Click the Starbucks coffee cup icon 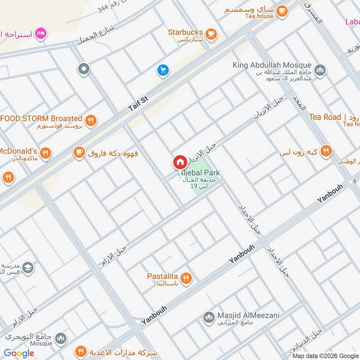[x=210, y=33]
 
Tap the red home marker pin [x=180, y=162]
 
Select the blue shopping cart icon [x=162, y=70]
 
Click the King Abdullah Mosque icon [x=320, y=70]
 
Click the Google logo [x=19, y=353]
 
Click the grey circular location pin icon [x=83, y=69]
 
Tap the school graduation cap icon [x=27, y=267]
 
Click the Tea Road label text [x=325, y=117]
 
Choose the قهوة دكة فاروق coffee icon [x=79, y=153]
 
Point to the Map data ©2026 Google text [x=325, y=355]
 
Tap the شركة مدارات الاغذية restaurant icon [x=81, y=351]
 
